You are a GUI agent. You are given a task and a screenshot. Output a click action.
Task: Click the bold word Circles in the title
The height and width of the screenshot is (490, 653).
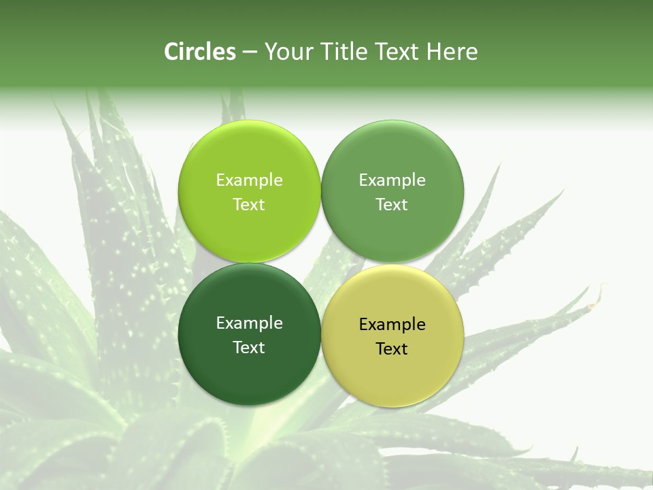pyautogui.click(x=200, y=52)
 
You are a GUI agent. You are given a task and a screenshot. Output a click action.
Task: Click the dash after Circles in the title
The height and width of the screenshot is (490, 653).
pyautogui.click(x=250, y=52)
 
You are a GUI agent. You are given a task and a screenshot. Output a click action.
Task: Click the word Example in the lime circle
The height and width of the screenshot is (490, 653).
pyautogui.click(x=249, y=180)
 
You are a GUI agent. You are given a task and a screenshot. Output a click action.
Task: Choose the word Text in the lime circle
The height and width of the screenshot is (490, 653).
pyautogui.click(x=249, y=205)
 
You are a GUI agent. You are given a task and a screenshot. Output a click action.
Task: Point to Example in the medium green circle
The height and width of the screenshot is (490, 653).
pyautogui.click(x=392, y=180)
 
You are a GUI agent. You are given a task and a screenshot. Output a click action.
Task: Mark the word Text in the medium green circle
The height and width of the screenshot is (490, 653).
pyautogui.click(x=392, y=205)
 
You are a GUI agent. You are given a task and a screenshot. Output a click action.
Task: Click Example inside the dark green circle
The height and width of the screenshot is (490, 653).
pyautogui.click(x=249, y=323)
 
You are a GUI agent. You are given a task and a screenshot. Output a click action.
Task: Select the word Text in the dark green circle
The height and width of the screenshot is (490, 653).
pyautogui.click(x=249, y=348)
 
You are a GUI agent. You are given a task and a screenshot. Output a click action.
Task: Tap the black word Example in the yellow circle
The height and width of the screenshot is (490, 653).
pyautogui.click(x=392, y=325)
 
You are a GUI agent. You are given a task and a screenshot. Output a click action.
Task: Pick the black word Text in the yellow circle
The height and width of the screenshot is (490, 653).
pyautogui.click(x=392, y=349)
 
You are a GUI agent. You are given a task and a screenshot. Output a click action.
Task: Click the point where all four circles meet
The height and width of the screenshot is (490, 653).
pyautogui.click(x=321, y=263)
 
